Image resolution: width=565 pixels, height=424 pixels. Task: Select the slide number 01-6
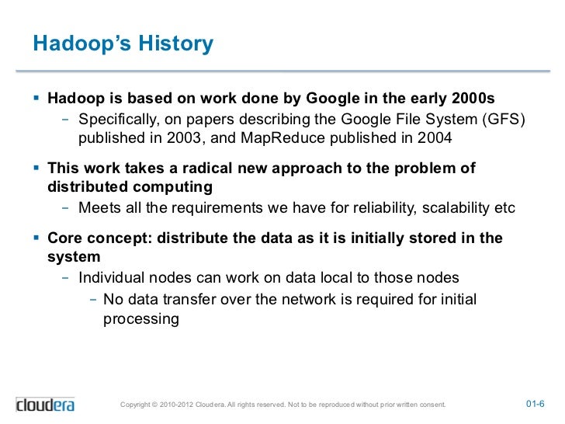point(536,405)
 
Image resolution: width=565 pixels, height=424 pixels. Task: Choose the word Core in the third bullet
point(64,238)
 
